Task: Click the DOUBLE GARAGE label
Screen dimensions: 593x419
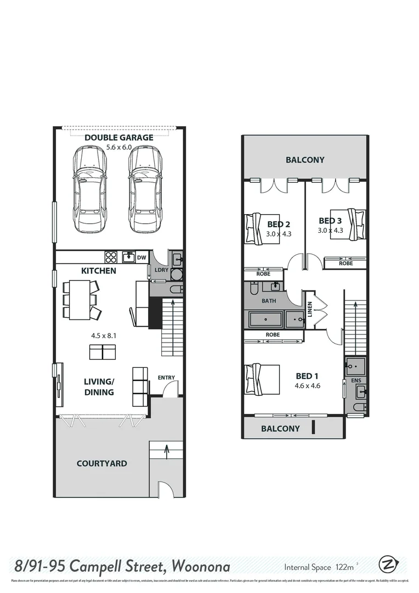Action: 118,137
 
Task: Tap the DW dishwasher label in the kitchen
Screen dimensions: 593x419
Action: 141,257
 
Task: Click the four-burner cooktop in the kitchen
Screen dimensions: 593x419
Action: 111,257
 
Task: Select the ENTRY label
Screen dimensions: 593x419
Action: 166,377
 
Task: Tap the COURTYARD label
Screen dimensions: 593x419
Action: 101,463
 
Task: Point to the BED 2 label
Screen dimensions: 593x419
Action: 279,224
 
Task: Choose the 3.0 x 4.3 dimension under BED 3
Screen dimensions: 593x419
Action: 330,230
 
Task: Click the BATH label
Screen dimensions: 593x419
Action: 269,301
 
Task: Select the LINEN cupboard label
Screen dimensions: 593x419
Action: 310,310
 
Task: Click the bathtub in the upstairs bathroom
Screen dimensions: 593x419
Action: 267,318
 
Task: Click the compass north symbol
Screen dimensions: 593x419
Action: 388,565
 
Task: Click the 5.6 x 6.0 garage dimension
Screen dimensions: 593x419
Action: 118,147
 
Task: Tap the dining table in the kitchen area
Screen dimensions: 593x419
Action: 77,299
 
